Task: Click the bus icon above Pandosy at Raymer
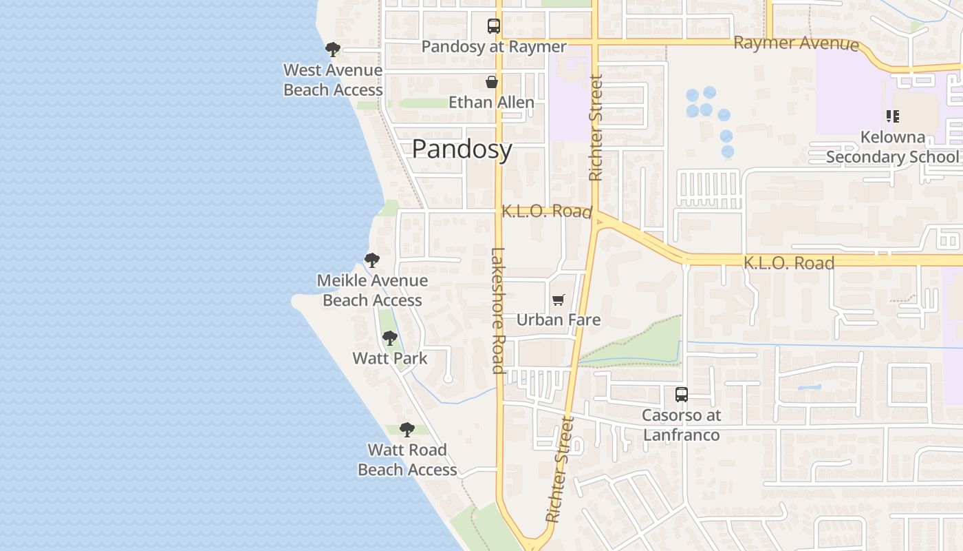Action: coord(493,26)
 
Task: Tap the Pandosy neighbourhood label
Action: coord(462,149)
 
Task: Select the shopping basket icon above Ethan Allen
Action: coord(492,82)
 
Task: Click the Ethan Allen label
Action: coord(491,103)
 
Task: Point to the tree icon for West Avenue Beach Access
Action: coord(333,49)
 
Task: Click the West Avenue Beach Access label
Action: coord(333,80)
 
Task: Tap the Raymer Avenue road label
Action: coord(796,43)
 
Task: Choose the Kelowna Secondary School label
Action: coord(892,147)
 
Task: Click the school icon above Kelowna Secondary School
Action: coord(892,116)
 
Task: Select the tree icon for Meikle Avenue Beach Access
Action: coord(372,260)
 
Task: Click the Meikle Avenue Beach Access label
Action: coord(372,291)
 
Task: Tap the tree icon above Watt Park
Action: coord(390,338)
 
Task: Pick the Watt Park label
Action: coord(390,358)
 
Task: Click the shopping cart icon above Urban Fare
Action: coord(559,300)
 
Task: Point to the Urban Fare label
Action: coord(559,320)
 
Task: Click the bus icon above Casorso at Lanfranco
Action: coord(681,395)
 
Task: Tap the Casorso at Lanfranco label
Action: coord(681,425)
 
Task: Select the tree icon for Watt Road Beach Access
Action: coord(407,430)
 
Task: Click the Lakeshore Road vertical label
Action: coord(498,310)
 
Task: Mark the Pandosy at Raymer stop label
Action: coord(493,47)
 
